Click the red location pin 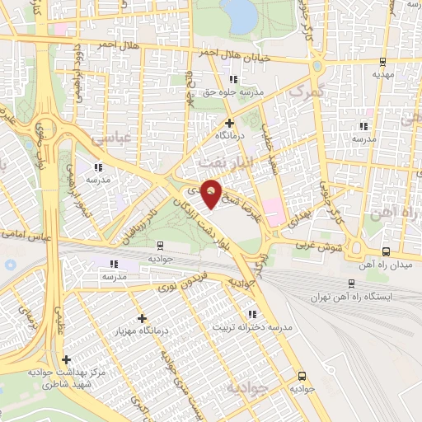pos(212,193)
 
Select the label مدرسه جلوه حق pos(233,92)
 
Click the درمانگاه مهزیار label pos(143,331)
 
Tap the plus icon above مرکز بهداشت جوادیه pos(66,359)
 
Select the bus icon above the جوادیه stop pos(159,245)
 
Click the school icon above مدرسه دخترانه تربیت pos(252,313)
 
